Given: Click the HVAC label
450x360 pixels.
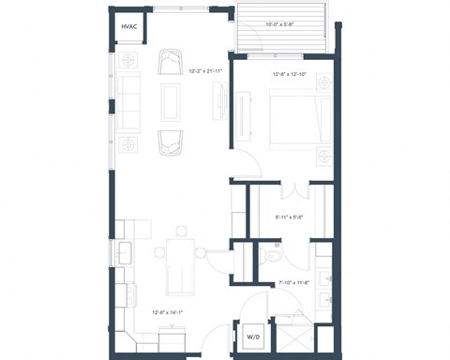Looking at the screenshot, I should click(128, 27).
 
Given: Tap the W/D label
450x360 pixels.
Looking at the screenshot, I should click(252, 336).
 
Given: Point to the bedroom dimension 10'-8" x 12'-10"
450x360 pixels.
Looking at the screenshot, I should click(290, 74).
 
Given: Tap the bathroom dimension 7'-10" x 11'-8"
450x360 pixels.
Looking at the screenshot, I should click(294, 282).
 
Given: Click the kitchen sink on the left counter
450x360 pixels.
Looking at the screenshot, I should click(125, 252).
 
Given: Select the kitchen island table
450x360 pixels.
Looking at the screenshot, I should click(178, 263).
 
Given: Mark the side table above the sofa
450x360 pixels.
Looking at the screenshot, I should click(129, 62).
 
